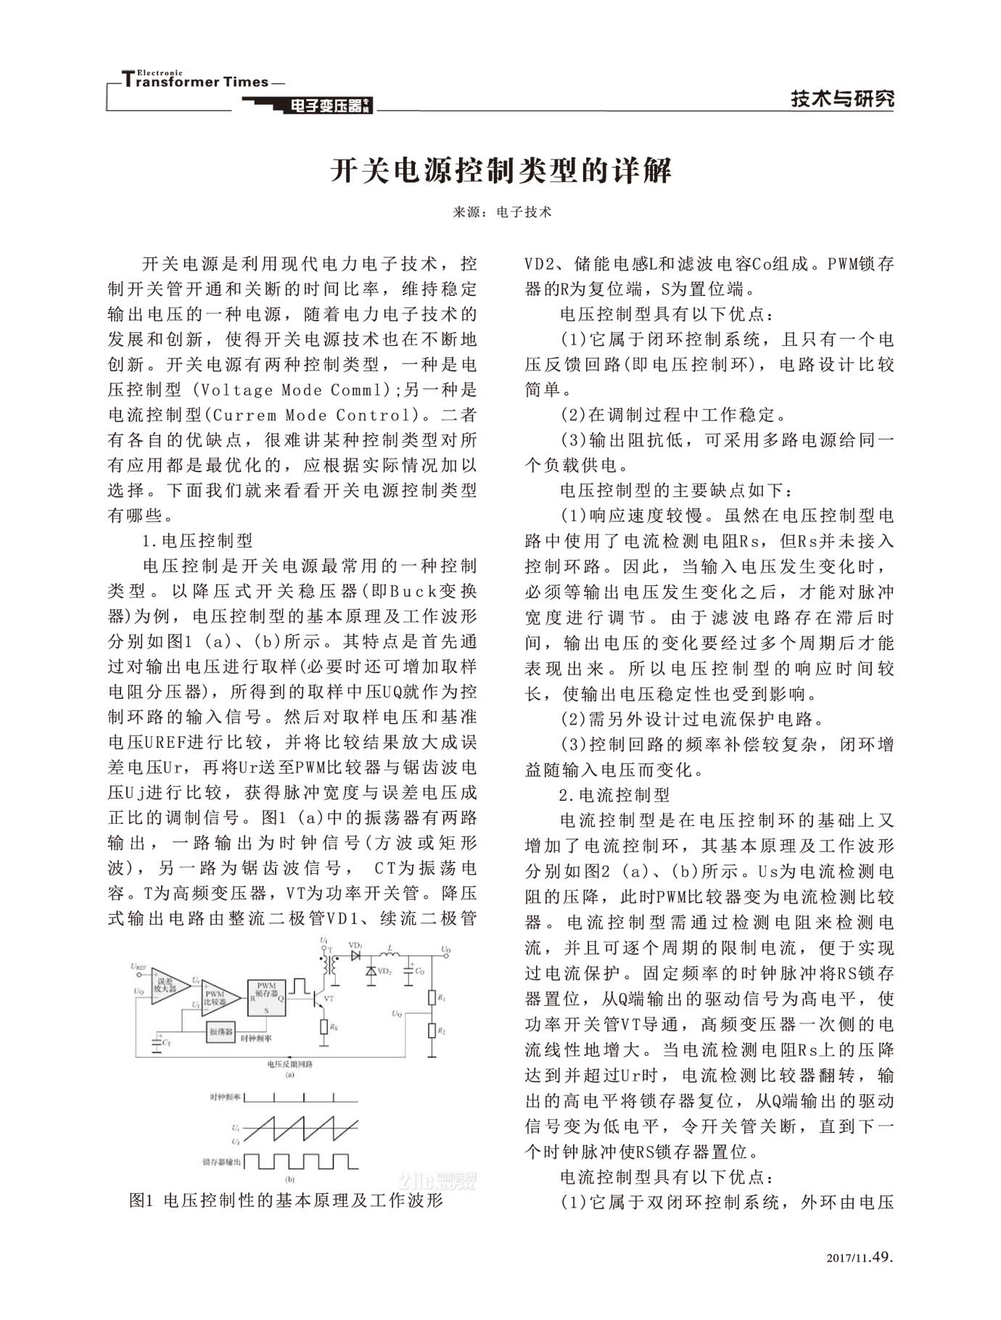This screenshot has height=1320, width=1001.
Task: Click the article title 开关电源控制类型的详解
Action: [501, 170]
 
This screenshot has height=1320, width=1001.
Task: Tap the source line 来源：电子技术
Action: [501, 212]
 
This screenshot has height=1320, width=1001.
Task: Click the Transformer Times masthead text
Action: [196, 81]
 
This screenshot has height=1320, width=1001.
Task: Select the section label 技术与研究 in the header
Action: [841, 99]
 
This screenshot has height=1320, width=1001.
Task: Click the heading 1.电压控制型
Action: [197, 540]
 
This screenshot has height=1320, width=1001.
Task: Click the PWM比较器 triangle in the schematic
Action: [217, 997]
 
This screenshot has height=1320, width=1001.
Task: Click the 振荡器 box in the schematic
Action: [221, 1031]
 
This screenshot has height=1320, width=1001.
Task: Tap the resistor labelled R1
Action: [432, 998]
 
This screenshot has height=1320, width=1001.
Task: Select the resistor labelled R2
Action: [432, 1031]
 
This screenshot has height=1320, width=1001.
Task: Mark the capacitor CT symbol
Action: [157, 1042]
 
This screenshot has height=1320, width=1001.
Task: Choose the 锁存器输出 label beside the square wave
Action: [222, 1162]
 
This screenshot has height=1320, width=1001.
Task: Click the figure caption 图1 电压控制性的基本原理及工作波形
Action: [286, 1200]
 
